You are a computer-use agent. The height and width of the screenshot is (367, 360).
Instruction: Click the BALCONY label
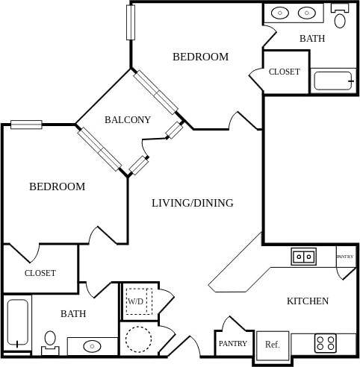[x=128, y=119]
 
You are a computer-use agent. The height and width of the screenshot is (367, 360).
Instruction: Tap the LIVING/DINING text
[x=193, y=203]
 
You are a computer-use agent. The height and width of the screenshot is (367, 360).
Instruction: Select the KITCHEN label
[x=308, y=301]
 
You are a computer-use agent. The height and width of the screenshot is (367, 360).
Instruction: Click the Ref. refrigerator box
[x=272, y=345]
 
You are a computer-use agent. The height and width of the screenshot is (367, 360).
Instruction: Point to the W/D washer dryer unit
[x=136, y=301]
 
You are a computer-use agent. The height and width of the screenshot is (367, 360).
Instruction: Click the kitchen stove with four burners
[x=325, y=343]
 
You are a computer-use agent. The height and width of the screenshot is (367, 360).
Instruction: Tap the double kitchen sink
[x=303, y=257]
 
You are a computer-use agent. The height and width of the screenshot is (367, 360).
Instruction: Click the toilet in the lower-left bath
[x=50, y=341]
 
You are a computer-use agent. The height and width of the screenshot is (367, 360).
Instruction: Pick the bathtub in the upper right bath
[x=334, y=81]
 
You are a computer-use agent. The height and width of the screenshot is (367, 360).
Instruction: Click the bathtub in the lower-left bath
[x=16, y=323]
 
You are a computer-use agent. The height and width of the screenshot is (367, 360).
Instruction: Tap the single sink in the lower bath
[x=92, y=346]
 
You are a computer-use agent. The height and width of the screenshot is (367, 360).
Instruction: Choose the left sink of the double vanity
[x=281, y=13]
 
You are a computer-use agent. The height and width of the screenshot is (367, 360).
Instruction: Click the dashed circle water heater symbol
[x=138, y=339]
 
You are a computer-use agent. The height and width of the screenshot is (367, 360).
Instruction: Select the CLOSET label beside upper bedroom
[x=285, y=72]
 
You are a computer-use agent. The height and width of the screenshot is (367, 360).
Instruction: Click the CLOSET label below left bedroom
[x=40, y=273]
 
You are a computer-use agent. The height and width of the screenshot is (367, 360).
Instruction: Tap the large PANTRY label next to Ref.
[x=232, y=344]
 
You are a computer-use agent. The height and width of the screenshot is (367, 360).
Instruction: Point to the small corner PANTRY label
[x=345, y=257]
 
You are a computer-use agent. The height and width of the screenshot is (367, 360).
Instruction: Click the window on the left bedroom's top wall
[x=26, y=125]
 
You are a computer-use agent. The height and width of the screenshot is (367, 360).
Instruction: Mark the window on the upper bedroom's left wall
[x=131, y=22]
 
